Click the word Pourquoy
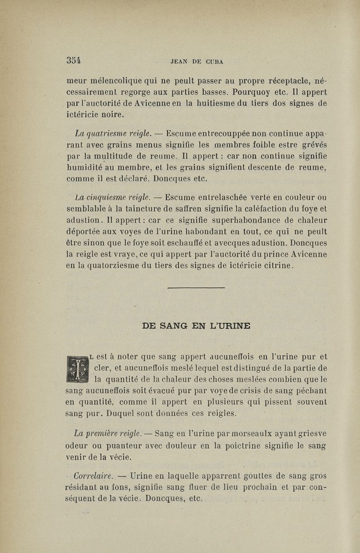click(x=244, y=92)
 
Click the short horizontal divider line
click(x=196, y=287)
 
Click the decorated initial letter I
click(x=77, y=369)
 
